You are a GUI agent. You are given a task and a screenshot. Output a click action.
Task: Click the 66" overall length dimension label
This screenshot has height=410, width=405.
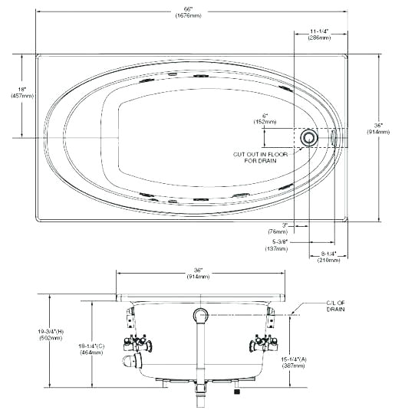(x=189, y=12)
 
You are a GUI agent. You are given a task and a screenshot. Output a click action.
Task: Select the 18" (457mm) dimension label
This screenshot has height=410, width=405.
(x=22, y=93)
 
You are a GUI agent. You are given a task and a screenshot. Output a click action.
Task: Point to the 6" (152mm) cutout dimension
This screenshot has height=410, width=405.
(x=265, y=119)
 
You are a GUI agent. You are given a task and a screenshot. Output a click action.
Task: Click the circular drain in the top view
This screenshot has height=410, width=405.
(x=309, y=138)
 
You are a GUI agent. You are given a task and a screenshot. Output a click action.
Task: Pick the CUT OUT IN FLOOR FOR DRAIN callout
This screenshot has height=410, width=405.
(x=260, y=157)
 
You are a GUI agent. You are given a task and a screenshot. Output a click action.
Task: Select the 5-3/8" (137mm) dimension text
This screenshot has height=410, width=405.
(x=276, y=245)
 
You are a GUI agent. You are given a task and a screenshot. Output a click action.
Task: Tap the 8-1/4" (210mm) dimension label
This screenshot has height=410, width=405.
(x=328, y=257)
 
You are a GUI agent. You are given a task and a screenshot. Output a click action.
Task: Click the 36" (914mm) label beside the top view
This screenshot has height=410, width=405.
(x=378, y=129)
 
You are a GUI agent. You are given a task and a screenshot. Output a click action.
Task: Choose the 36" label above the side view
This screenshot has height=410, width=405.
(x=198, y=274)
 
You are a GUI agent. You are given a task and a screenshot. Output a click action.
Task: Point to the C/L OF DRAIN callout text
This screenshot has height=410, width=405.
(x=336, y=307)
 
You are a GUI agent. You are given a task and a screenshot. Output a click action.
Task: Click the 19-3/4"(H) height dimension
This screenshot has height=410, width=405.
(x=51, y=335)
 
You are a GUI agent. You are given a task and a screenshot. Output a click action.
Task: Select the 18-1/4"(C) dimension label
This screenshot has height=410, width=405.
(x=91, y=349)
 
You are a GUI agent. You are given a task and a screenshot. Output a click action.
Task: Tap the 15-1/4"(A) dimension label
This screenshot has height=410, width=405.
(x=294, y=362)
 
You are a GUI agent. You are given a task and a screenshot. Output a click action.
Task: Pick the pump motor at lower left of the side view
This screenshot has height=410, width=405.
(x=132, y=360)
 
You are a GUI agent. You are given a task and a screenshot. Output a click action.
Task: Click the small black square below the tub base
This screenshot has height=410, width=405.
(x=237, y=392)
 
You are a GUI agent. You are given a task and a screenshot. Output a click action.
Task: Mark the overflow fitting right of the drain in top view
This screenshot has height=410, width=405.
(x=334, y=138)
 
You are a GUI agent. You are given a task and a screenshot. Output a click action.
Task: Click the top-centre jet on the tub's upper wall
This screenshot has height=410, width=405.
(x=201, y=76)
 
